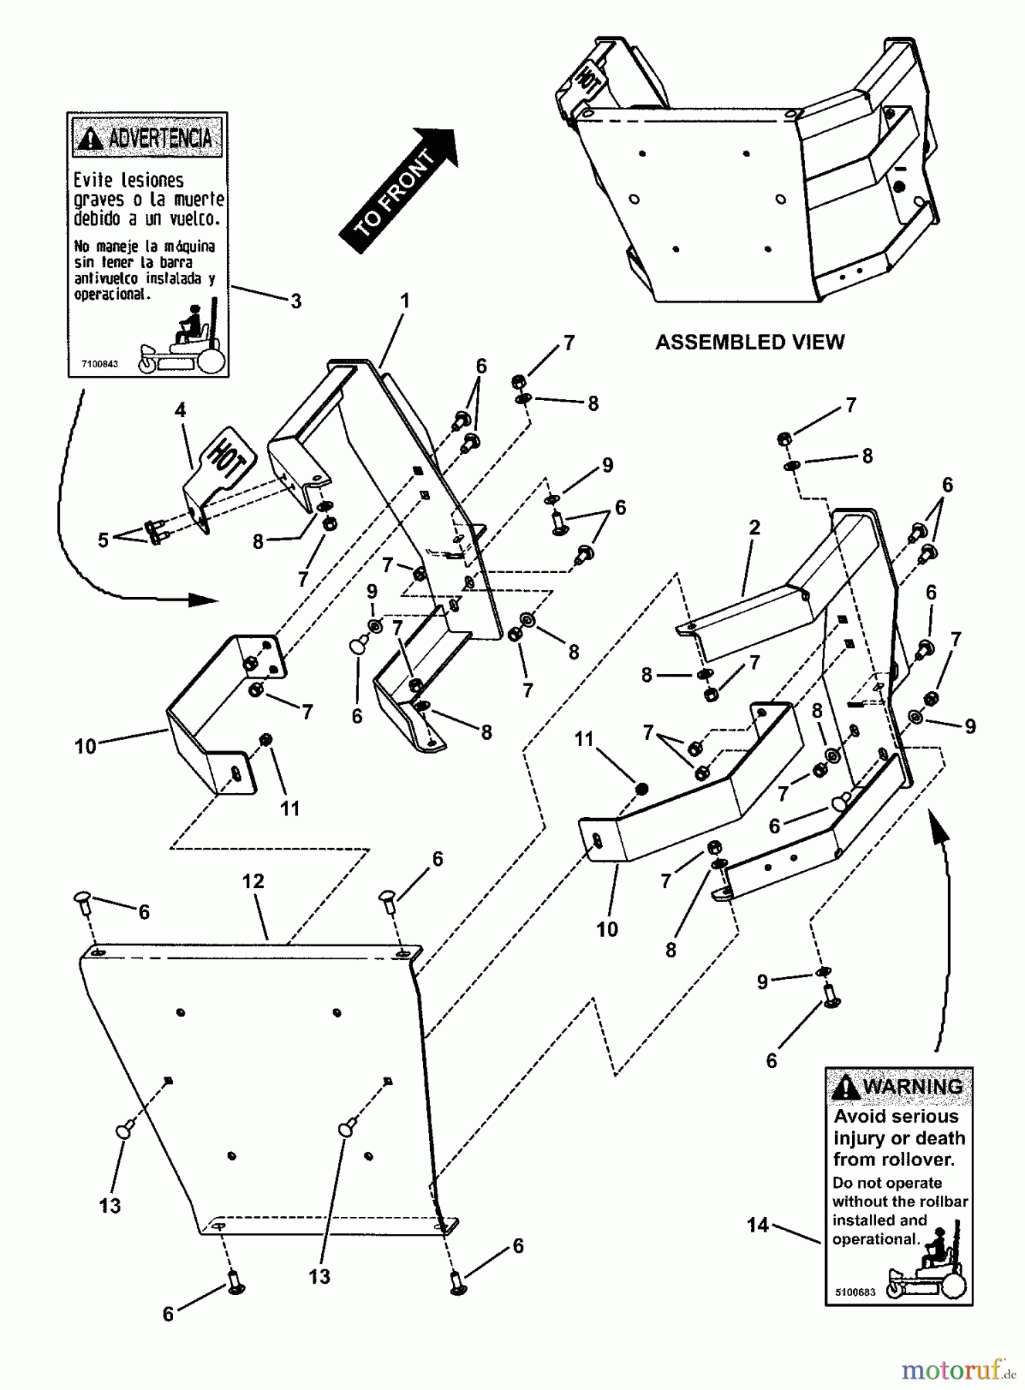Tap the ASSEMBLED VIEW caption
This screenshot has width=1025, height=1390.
pyautogui.click(x=749, y=342)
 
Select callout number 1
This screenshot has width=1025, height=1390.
pyautogui.click(x=404, y=300)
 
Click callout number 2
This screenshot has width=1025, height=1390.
pyautogui.click(x=754, y=527)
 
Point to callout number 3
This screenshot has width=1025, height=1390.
pyautogui.click(x=296, y=301)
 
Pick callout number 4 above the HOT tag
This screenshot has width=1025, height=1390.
pyautogui.click(x=180, y=410)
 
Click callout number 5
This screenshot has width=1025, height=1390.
pyautogui.click(x=103, y=540)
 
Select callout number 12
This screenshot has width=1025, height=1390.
pyautogui.click(x=253, y=881)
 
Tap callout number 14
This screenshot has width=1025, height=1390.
pyautogui.click(x=757, y=1225)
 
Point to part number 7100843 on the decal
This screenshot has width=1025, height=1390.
pyautogui.click(x=100, y=364)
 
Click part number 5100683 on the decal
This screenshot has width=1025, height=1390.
pyautogui.click(x=855, y=1291)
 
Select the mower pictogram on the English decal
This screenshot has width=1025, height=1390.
pyautogui.click(x=927, y=1267)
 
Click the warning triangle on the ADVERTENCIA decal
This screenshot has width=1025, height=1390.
pyautogui.click(x=91, y=138)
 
